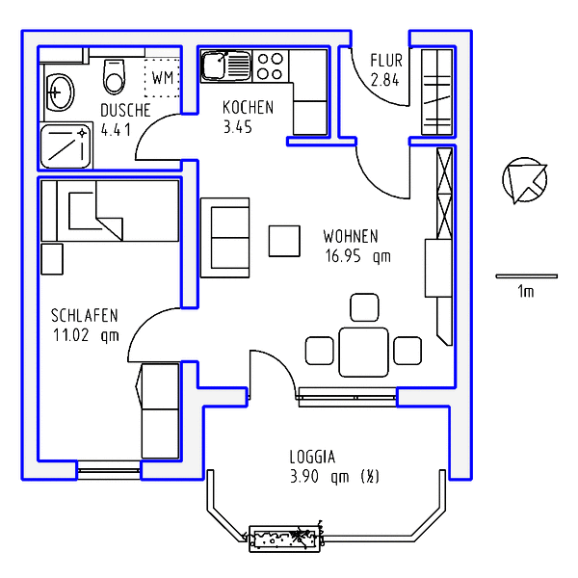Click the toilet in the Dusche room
coord(115,77)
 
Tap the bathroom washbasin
coord(60,92)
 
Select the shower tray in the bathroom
coord(66,146)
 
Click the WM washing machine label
coord(163,78)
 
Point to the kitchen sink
coord(226,66)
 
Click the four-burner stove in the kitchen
coord(270,66)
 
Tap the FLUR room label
coord(386,61)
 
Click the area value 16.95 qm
coord(357,256)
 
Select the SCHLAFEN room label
coord(85,316)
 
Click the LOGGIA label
coord(312,457)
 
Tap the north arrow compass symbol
coord(525,180)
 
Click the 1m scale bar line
coord(526,276)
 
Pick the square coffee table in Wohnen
coord(284,241)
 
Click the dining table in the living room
coord(363,353)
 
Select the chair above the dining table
coord(364,307)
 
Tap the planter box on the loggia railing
coord(284,539)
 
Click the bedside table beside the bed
coord(52,259)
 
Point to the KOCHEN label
coord(249,108)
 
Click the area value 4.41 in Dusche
coord(116,130)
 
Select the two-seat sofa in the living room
coord(224,238)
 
